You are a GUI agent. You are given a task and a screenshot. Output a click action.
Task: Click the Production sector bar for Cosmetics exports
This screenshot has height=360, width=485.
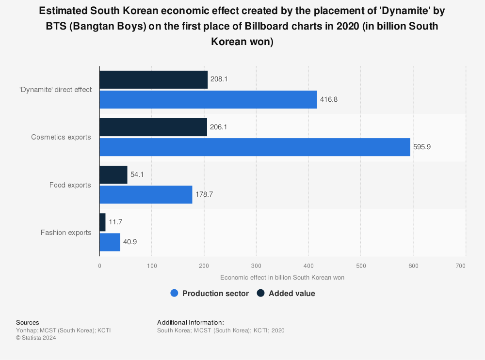pos(255,146)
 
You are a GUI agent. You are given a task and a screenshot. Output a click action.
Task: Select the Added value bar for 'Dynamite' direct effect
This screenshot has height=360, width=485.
pos(153,79)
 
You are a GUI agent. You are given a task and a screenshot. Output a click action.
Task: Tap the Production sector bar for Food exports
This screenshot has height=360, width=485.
pos(145,194)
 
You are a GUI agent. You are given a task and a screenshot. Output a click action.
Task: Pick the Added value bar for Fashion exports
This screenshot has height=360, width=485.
pos(102,222)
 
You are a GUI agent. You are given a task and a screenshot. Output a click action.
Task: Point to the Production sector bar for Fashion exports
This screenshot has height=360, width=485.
pos(110,241)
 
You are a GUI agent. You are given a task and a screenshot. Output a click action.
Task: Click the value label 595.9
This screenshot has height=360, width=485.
pos(421,146)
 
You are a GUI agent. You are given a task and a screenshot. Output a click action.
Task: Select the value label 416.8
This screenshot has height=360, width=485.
pos(328,99)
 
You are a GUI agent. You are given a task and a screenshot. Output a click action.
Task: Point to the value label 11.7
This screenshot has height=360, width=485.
pos(115,222)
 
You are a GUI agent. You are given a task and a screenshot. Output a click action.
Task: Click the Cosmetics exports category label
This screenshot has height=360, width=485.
pos(61,137)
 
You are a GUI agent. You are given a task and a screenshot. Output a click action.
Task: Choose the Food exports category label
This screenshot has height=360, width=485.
pos(70,185)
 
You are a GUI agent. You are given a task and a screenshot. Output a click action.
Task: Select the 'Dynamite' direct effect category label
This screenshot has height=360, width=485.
pos(56,90)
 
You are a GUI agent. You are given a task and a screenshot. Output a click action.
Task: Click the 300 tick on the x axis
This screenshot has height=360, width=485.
pos(256,266)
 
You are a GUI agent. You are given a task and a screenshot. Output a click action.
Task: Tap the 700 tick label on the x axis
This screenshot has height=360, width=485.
pos(461,266)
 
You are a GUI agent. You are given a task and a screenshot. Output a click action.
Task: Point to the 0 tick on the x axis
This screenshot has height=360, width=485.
pos(99,266)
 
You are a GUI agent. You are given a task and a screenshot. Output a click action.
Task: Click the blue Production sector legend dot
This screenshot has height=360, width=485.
pos(175,293)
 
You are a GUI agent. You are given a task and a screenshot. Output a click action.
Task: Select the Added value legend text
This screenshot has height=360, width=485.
pos(291,293)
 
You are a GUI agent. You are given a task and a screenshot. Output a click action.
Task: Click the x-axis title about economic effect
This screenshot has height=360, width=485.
pos(282,278)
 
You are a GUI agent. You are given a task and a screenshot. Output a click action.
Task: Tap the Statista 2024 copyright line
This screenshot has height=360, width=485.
pos(36,338)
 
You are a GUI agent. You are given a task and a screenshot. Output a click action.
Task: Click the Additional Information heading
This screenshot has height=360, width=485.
pos(190,322)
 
